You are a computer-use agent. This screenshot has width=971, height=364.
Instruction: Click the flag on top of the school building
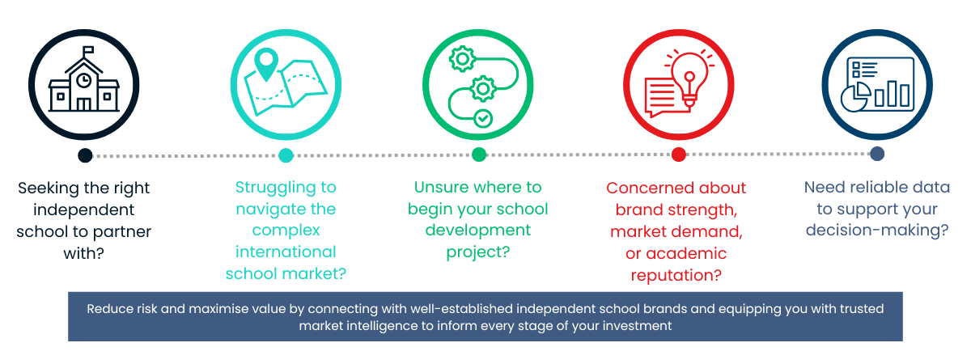click(x=88, y=50)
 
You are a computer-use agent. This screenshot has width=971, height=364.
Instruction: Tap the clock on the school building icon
click(x=83, y=81)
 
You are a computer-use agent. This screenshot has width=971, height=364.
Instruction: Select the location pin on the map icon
click(x=266, y=64)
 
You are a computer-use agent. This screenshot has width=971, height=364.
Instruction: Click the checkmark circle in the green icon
click(x=483, y=118)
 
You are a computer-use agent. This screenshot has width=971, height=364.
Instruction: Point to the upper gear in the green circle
click(x=462, y=58)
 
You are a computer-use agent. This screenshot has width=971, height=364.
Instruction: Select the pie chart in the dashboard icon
click(x=854, y=97)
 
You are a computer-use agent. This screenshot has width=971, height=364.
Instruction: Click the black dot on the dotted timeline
click(x=86, y=155)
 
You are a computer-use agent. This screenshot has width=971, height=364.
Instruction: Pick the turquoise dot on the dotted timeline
click(x=286, y=155)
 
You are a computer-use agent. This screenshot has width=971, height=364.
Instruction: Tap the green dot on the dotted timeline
click(x=478, y=154)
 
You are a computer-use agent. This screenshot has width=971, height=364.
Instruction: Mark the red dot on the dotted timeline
click(x=678, y=154)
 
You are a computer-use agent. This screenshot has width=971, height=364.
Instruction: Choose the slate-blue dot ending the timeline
click(x=877, y=154)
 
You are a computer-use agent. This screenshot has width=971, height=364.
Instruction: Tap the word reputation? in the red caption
click(x=676, y=276)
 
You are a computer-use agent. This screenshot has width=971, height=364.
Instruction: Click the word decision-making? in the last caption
click(x=877, y=230)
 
